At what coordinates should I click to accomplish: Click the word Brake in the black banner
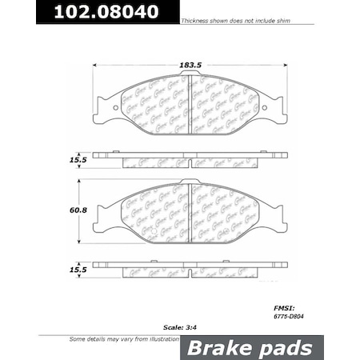coord(211,348)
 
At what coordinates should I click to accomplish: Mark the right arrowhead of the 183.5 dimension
coord(282,66)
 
